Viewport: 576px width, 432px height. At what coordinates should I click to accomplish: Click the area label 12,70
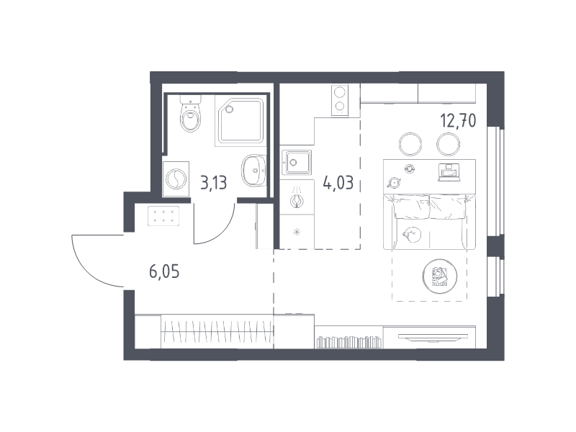[458, 120]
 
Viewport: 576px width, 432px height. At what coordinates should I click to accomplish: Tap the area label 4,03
[338, 182]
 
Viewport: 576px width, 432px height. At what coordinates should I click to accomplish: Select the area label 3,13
[213, 183]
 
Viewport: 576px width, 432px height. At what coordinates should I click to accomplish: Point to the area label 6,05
[164, 272]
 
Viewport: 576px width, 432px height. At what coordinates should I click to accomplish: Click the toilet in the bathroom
[191, 113]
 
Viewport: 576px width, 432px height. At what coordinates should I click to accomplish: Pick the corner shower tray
[241, 121]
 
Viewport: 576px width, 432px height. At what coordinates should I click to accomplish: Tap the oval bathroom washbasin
[253, 170]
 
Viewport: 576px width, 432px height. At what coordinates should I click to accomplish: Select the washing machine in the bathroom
[176, 179]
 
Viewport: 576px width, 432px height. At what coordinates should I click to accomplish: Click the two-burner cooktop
[340, 100]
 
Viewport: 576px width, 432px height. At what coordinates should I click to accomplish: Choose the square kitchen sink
[296, 162]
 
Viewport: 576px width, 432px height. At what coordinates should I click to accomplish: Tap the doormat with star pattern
[163, 216]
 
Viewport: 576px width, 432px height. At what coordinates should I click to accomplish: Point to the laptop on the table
[449, 172]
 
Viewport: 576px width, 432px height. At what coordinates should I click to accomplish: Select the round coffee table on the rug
[440, 275]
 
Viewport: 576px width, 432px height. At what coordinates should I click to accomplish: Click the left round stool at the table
[410, 144]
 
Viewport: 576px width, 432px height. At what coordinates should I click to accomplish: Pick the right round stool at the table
[448, 144]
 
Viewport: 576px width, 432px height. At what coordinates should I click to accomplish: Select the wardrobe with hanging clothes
[217, 331]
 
